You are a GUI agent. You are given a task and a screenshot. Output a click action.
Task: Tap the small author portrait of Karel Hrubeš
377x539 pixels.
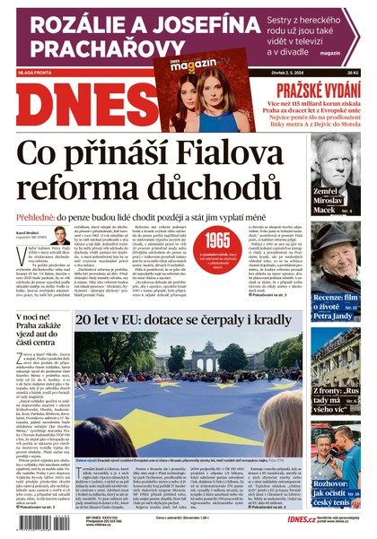[x=60, y=236]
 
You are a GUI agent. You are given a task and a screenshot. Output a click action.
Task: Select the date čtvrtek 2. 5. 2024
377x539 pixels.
[x=322, y=74]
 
